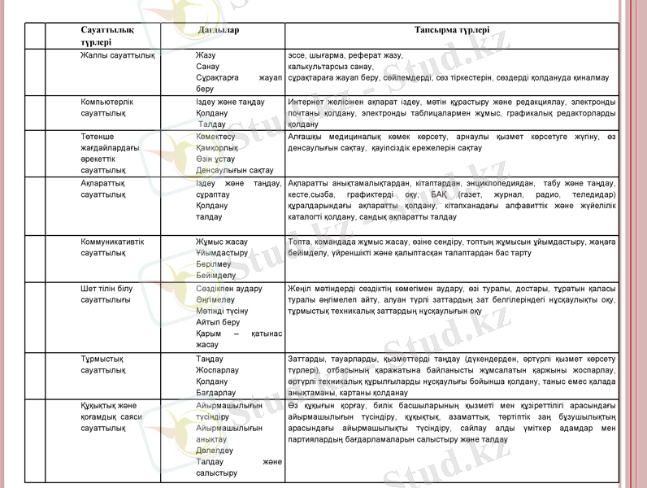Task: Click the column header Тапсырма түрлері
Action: pyautogui.click(x=451, y=30)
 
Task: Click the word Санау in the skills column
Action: pyautogui.click(x=207, y=65)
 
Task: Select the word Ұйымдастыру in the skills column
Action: pyautogui.click(x=222, y=253)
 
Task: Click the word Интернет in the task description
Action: pyautogui.click(x=307, y=102)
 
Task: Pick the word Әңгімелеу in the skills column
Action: pyautogui.click(x=215, y=300)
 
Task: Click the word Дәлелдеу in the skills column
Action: pyautogui.click(x=215, y=449)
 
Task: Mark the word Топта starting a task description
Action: pyautogui.click(x=299, y=242)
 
